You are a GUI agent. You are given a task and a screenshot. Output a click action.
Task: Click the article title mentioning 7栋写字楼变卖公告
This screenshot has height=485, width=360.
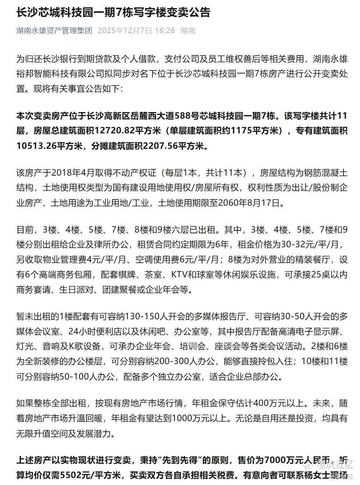113,12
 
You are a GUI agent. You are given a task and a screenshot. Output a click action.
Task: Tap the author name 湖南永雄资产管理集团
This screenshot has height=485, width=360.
54,30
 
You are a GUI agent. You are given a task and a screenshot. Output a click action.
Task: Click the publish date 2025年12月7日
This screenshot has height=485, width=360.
125,30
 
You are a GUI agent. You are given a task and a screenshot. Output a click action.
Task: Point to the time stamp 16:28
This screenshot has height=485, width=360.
165,30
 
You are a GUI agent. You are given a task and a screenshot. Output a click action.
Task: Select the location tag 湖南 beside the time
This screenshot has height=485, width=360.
188,30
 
